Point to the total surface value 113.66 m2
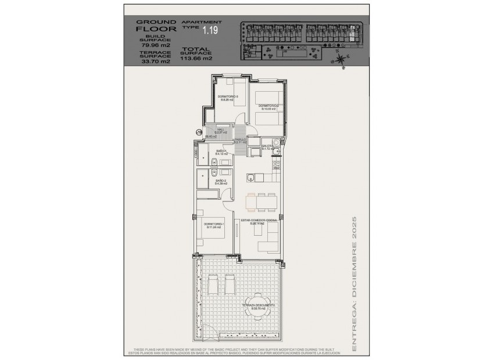[196, 58]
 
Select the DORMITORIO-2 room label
[270, 106]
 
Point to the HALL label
[221, 131]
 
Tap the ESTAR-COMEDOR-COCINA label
[259, 221]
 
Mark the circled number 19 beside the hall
[199, 133]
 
